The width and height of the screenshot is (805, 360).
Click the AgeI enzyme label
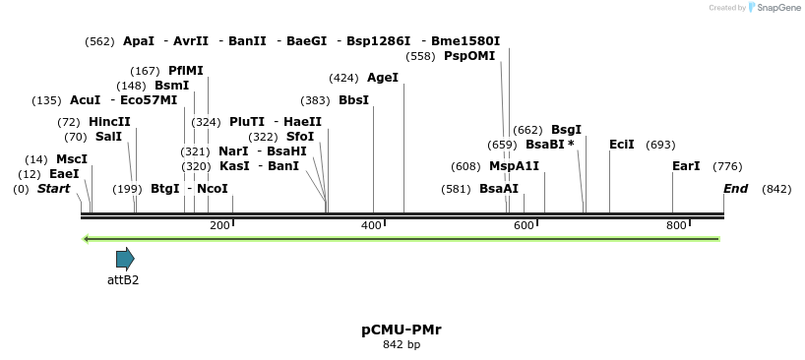coord(383,78)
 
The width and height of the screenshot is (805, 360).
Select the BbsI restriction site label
coord(354,100)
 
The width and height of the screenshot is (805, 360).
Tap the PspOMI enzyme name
coord(469,56)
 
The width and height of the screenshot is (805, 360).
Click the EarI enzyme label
coord(686,166)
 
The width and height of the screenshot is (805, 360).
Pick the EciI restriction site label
coord(622,145)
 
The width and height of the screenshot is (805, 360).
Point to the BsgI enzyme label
coord(566,130)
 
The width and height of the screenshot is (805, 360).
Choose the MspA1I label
coord(514,166)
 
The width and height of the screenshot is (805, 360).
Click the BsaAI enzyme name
coord(499,189)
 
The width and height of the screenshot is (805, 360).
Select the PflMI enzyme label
coord(186,71)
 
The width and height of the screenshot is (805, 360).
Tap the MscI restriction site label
coord(72,159)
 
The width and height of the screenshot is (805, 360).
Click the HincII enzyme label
coord(109,122)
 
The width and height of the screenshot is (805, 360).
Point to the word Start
coord(53,189)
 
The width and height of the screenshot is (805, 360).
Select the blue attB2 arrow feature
coord(125,259)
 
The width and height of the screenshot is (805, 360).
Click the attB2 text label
coord(123,280)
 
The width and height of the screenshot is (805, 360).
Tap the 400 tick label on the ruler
coord(371,226)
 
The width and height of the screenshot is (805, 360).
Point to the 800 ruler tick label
coord(676,226)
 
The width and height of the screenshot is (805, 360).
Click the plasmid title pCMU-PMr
coord(402,330)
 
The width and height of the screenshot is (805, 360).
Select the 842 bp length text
coord(402,345)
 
